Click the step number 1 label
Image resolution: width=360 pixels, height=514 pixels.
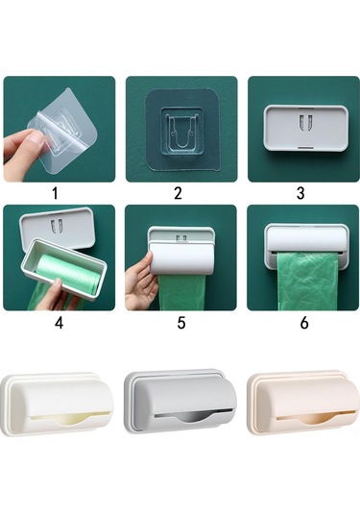click(55, 192)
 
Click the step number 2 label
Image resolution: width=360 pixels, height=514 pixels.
click(178, 192)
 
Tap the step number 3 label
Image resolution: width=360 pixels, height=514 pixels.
click(300, 192)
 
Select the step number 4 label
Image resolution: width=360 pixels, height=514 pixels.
click(59, 323)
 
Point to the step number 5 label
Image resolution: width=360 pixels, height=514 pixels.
click(180, 323)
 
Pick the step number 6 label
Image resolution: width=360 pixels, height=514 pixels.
click(303, 323)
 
